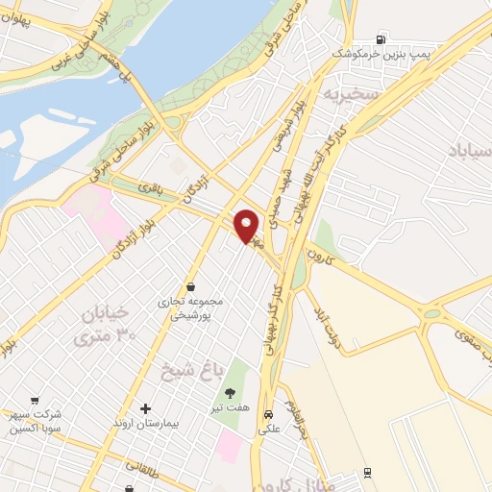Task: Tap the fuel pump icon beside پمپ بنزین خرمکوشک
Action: click(382, 40)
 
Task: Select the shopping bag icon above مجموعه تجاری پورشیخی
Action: click(191, 286)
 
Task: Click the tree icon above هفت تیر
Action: click(231, 392)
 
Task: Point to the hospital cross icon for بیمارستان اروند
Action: click(146, 408)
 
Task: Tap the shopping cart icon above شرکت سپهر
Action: click(36, 400)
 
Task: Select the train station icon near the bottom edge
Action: click(368, 473)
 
